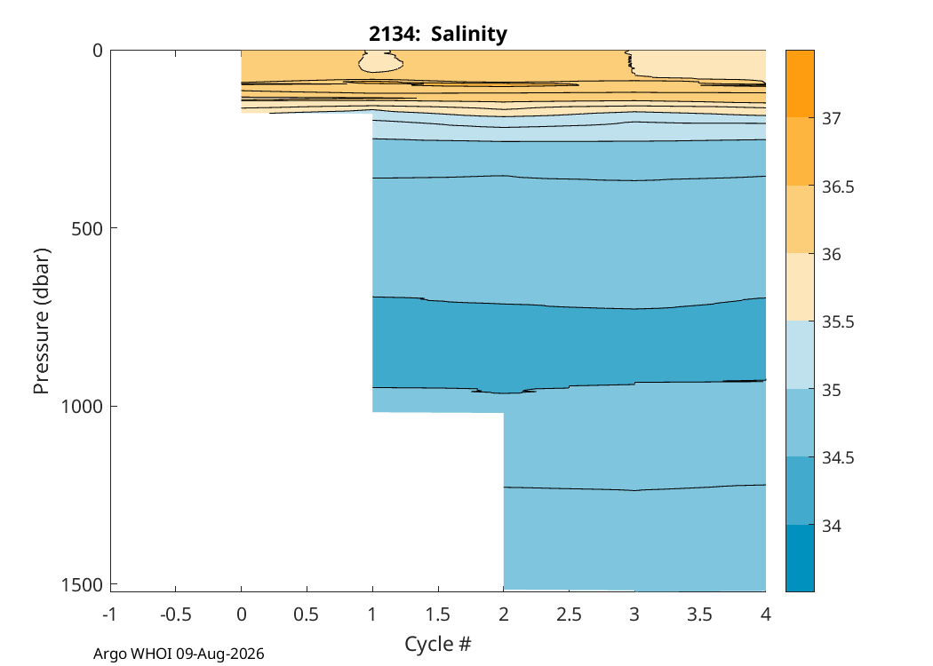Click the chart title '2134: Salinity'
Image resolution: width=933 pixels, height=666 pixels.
[438, 34]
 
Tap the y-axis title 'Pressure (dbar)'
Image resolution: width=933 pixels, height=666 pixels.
[41, 321]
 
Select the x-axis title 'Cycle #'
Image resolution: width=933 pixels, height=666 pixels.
[438, 644]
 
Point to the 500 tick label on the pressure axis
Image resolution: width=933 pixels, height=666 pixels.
[86, 228]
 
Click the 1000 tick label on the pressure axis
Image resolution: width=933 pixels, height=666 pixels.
[82, 407]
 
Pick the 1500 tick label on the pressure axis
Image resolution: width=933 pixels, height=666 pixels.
[82, 585]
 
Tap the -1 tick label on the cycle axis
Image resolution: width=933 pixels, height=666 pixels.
[109, 614]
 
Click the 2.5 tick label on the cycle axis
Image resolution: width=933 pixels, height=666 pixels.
[569, 614]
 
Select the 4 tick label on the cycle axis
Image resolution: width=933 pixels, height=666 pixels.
[766, 614]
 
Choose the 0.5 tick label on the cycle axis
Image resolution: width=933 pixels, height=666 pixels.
[307, 614]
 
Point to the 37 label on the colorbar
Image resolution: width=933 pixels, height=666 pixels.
[832, 118]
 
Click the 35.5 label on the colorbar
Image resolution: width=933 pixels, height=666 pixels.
[838, 321]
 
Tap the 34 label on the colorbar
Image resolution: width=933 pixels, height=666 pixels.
[832, 526]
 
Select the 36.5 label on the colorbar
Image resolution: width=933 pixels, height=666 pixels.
[838, 186]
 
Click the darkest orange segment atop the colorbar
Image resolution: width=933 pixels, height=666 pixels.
[800, 83]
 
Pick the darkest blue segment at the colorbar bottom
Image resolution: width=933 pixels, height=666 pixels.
[800, 558]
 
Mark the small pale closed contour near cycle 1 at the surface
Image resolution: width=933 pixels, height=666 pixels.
[380, 61]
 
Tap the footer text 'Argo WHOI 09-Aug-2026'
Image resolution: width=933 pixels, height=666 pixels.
[179, 654]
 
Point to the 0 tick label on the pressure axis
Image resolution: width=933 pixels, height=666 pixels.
[97, 51]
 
